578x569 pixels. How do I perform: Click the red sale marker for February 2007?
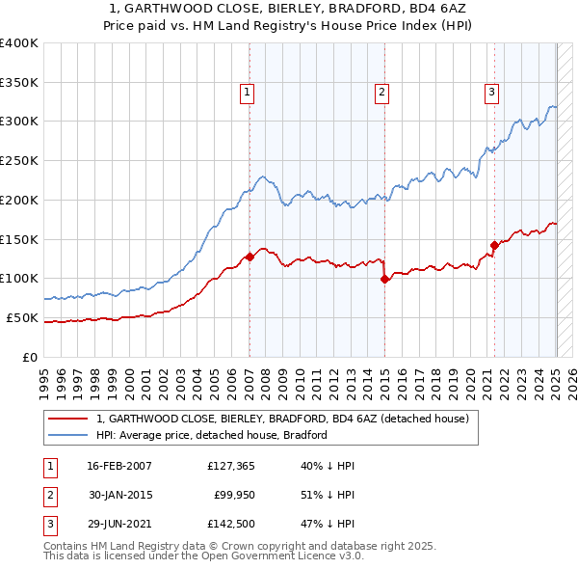click(250, 257)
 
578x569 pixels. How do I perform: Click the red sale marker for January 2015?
click(384, 279)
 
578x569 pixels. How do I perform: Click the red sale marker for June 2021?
click(493, 245)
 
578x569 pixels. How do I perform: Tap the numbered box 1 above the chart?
click(248, 93)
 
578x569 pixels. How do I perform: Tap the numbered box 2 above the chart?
click(382, 93)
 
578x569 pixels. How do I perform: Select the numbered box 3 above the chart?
click(491, 93)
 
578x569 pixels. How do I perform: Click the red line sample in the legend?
click(67, 419)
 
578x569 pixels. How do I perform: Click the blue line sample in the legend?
click(67, 435)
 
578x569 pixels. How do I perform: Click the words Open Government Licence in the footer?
click(284, 556)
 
